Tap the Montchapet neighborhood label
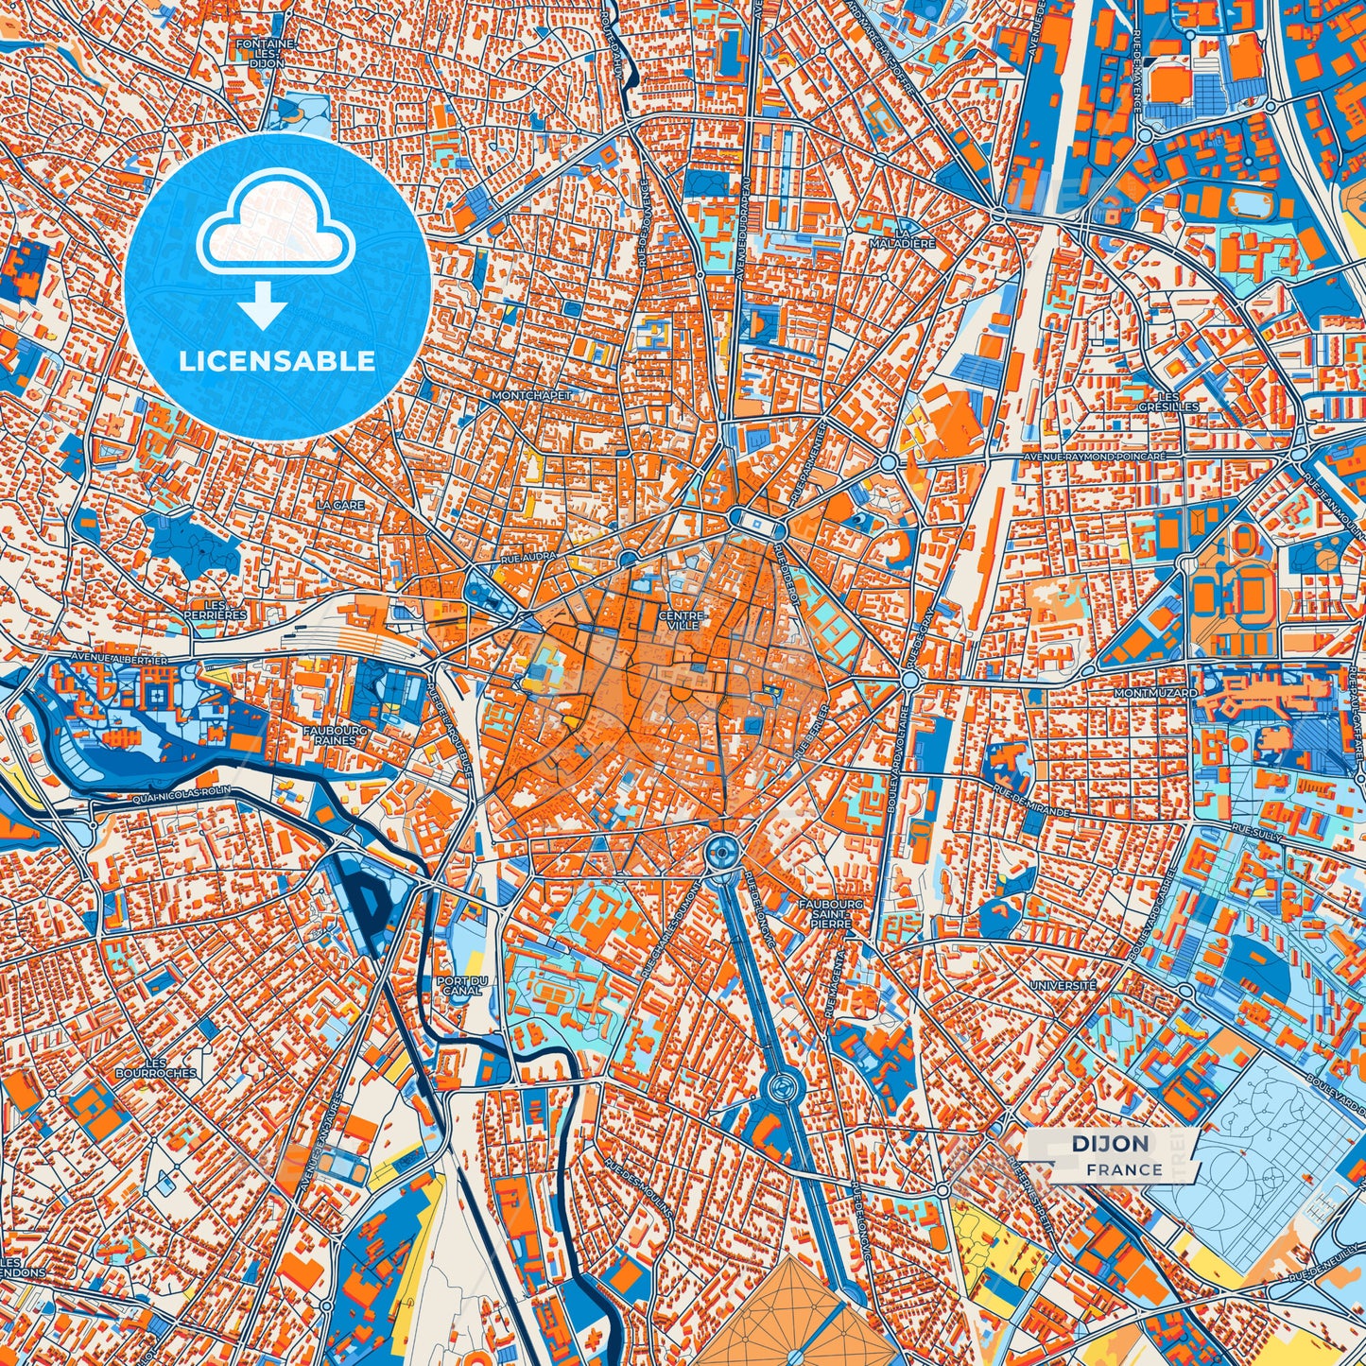coord(531,395)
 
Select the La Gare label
coord(340,506)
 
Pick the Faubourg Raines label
coord(329,735)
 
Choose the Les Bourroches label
coord(156,1067)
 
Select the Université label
coord(1063,985)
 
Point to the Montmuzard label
coord(1155,693)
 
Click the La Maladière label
coord(914,237)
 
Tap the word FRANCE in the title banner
coord(1124,1169)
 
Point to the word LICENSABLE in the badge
coord(278,360)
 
